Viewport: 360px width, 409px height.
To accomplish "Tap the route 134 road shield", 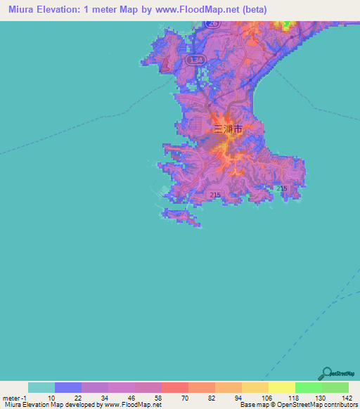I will tap(196, 62).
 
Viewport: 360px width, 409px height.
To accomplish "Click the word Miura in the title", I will tap(25, 10).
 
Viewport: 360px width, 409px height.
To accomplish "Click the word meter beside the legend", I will tap(10, 397).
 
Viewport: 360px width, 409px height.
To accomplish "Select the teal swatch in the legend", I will tap(41, 387).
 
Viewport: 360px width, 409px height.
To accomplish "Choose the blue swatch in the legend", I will tap(68, 387).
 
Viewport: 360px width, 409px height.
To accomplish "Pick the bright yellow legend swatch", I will tap(282, 387).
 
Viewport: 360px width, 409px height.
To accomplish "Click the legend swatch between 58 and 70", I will tap(148, 387).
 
